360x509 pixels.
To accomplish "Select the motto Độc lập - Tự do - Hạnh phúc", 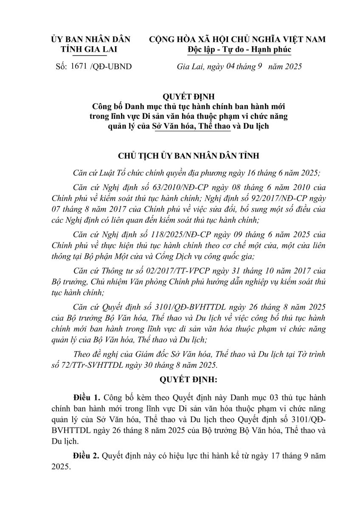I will (239, 49).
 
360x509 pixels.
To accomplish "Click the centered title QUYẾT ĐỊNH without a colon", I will (180, 97).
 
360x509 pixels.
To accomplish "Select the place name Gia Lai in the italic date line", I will (187, 66).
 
